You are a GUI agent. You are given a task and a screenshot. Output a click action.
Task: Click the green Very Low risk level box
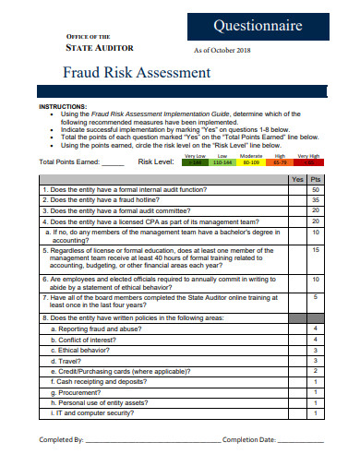pos(195,162)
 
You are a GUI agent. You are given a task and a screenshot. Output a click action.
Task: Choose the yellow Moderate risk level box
pos(250,162)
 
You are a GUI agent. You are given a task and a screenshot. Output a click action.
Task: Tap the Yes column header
pos(296,178)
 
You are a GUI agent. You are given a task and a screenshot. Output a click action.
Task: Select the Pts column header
pos(316,178)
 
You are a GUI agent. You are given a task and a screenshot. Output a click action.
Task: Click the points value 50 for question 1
pos(316,189)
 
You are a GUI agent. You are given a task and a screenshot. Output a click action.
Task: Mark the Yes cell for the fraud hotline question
pos(296,199)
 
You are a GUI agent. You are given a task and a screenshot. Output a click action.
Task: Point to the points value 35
pos(316,199)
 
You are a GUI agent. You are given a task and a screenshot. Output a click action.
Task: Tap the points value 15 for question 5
pos(316,249)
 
